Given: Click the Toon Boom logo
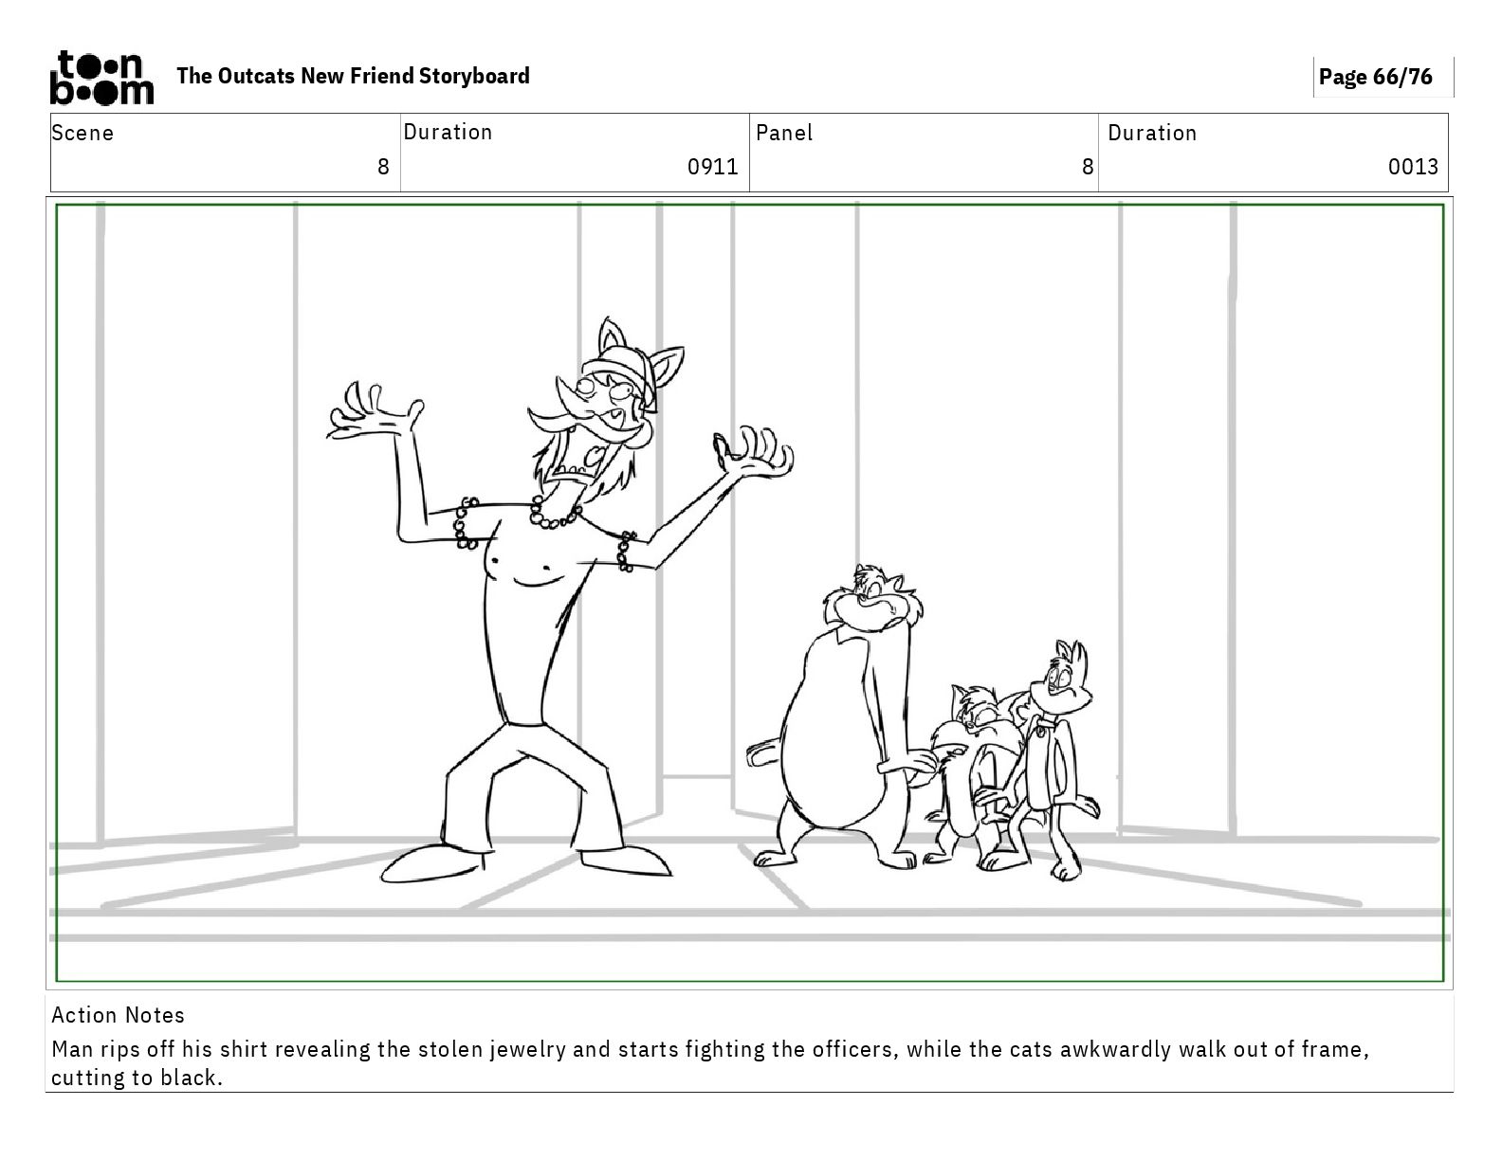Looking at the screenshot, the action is tap(101, 78).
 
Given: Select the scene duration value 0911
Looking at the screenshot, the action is tap(713, 167).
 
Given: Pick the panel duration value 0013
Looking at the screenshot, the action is tap(1413, 167).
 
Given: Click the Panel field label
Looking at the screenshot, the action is tap(784, 133).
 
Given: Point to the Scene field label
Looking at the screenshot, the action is tap(82, 133).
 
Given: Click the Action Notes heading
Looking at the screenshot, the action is tap(119, 1015).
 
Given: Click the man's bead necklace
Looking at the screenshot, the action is tap(555, 514).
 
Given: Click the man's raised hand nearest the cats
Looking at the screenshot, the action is tap(755, 451).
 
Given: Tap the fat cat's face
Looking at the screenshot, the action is tap(873, 599).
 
